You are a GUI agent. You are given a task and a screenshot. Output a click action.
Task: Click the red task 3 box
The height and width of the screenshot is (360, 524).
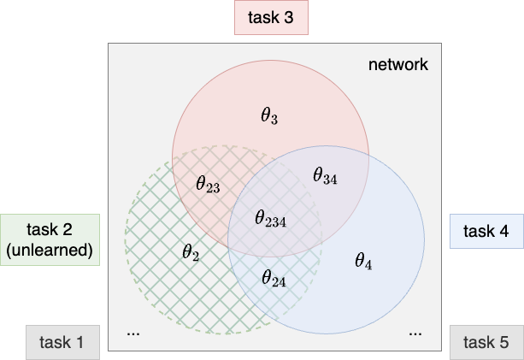[270, 18]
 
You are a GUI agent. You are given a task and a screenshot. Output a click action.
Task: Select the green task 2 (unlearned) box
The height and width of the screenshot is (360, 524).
[50, 240]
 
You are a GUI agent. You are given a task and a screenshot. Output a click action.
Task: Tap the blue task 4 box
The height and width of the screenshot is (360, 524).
[486, 231]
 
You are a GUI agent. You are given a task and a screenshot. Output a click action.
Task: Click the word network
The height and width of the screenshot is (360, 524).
[397, 65]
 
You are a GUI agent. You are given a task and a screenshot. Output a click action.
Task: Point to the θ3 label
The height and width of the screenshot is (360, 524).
[269, 115]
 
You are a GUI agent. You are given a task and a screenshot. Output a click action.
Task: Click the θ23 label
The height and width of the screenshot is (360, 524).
[208, 184]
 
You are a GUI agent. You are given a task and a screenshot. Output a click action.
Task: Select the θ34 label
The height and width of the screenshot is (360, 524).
[325, 176]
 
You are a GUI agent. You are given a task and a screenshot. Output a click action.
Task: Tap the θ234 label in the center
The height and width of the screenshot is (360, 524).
[270, 218]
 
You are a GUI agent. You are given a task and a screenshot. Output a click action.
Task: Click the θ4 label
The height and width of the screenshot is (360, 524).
[363, 261]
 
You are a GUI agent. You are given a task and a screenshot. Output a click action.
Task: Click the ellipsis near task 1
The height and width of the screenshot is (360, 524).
[133, 332]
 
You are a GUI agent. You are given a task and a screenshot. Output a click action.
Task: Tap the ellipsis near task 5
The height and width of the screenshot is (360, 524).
[415, 332]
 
